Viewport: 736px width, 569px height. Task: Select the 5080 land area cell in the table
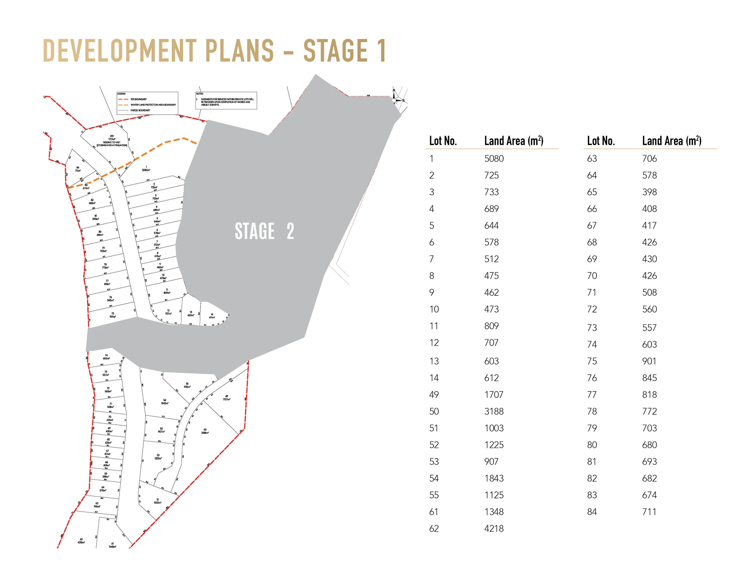(x=494, y=158)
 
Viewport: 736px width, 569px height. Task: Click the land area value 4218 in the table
(x=494, y=529)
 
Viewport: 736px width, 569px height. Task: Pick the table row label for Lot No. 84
(x=592, y=512)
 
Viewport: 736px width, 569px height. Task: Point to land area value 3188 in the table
(x=494, y=411)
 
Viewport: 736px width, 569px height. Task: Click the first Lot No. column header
(x=443, y=140)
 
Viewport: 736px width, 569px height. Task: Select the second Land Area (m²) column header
(x=672, y=140)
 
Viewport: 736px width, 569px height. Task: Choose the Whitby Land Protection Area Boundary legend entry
(x=153, y=105)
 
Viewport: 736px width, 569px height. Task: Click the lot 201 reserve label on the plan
(x=112, y=141)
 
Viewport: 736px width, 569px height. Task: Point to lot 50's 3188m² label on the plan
(x=205, y=431)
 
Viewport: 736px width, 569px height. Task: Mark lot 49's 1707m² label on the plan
(x=226, y=398)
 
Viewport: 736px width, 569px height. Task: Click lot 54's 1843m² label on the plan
(x=165, y=401)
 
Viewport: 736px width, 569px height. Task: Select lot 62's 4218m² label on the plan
(x=81, y=541)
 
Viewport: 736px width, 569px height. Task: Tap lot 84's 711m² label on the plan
(x=78, y=169)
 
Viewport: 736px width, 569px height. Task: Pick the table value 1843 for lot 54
(x=494, y=478)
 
